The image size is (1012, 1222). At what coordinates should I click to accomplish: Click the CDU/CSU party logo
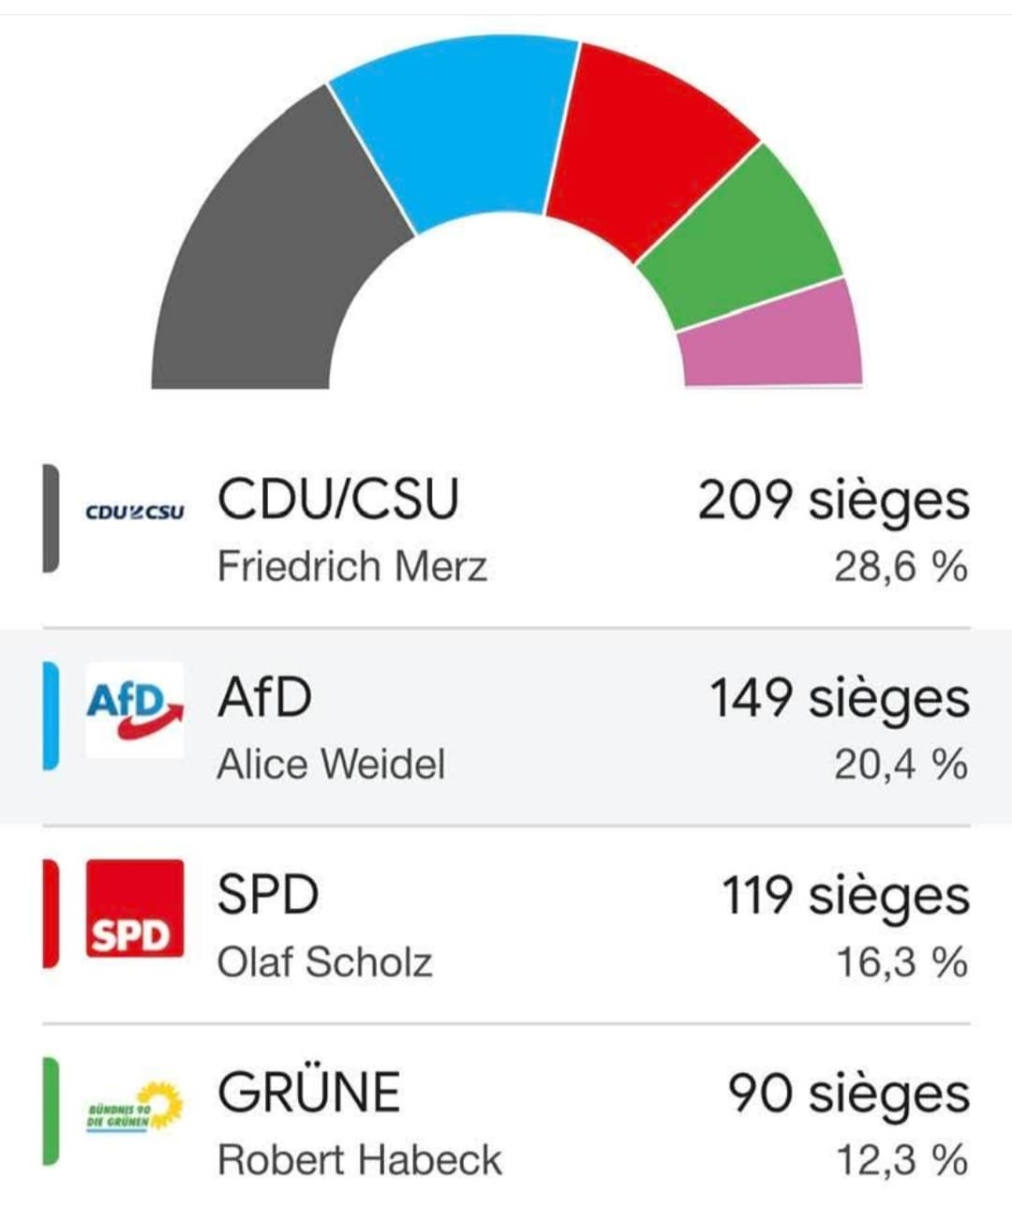point(135,513)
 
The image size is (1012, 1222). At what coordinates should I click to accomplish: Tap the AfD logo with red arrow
point(135,710)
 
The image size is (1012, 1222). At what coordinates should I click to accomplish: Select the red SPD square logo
point(135,908)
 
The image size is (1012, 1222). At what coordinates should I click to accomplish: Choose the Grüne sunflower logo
point(135,1107)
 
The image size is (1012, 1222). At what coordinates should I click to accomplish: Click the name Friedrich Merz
point(351,566)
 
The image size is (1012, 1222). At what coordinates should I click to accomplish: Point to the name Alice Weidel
point(331,764)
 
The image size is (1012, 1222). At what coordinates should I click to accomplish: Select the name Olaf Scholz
point(324,962)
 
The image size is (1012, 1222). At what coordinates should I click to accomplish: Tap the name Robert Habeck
point(359,1160)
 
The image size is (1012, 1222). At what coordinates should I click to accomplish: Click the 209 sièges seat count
point(833,500)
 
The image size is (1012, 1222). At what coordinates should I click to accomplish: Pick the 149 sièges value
point(839,699)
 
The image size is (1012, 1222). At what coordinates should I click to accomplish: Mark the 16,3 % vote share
point(901,962)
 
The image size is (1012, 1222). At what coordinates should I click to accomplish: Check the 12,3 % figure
point(901,1160)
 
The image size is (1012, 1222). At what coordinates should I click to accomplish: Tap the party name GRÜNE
point(308,1093)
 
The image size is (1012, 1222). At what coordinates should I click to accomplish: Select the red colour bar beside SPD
point(51,914)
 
